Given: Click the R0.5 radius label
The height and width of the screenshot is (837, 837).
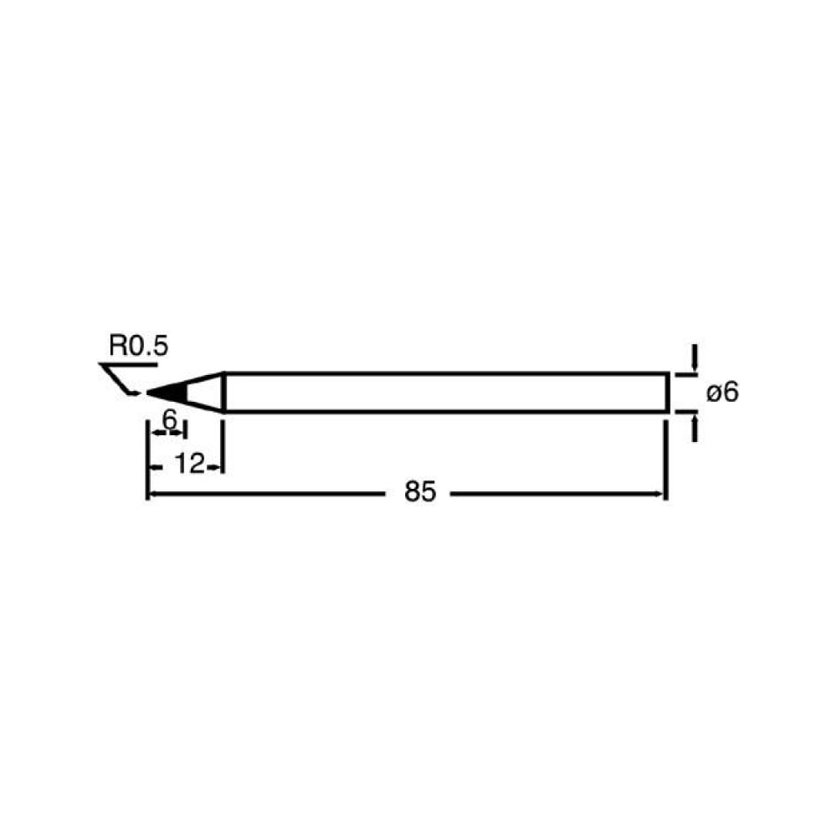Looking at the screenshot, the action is pos(139,346).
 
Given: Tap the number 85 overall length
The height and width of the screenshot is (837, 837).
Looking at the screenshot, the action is pos(420,491).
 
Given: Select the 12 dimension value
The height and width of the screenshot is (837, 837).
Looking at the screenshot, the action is pos(189,464).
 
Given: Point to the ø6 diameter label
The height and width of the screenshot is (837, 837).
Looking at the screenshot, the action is pos(722,393).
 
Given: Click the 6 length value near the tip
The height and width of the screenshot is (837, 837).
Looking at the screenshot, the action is pos(169,419).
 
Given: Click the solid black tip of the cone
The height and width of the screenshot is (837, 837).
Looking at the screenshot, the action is pos(167,393).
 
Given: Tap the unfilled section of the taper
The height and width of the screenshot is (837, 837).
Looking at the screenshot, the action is pos(204,393).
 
